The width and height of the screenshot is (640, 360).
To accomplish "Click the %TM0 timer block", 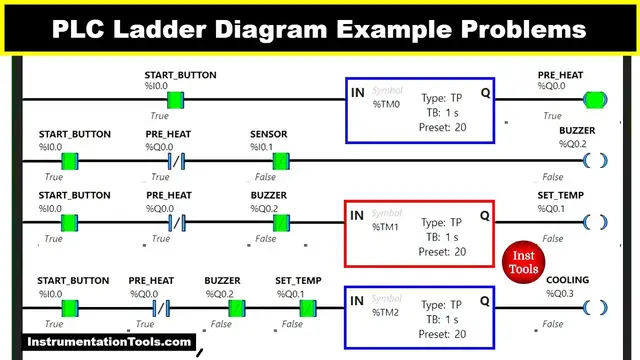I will point(420,109).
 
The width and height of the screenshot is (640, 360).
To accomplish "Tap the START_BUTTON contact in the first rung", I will point(176,99).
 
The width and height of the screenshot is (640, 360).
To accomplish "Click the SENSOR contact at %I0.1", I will point(281,160).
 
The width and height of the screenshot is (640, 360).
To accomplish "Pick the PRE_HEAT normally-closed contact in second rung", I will point(176,160).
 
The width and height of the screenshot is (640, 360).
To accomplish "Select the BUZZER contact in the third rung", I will point(281,222).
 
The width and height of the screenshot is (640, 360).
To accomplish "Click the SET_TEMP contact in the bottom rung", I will point(308,307).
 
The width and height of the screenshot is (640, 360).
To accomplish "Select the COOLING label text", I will point(567,281).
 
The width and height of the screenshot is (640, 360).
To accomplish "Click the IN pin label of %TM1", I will point(356,215).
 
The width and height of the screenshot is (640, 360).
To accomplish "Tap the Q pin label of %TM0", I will point(484,92).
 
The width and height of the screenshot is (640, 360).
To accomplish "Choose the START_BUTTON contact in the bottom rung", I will point(70,307).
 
